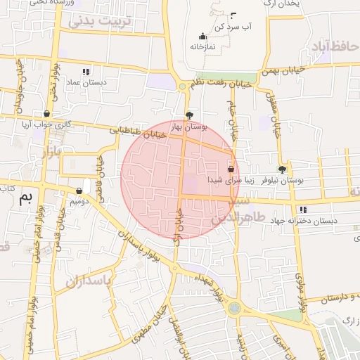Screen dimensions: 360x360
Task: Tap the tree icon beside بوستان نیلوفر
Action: [283, 169]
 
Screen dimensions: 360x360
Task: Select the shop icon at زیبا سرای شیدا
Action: [231, 169]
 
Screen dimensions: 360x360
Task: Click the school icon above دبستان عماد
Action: [86, 72]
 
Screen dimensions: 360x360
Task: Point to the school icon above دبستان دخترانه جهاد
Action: [302, 210]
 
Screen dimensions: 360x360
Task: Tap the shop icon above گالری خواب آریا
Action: [46, 113]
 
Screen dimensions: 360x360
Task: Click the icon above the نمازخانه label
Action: [203, 37]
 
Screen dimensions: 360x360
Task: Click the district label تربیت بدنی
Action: [100, 21]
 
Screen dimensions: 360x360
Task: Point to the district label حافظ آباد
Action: [332, 46]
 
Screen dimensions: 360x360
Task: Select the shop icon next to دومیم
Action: [79, 191]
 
